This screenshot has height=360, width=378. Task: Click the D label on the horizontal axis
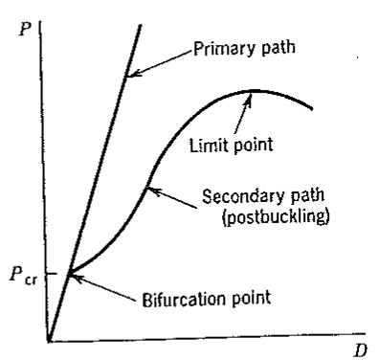point(361,350)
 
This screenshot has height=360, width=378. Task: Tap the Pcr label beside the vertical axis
point(23,275)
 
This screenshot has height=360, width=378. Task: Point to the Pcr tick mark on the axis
point(52,274)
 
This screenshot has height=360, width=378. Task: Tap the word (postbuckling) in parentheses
point(276,216)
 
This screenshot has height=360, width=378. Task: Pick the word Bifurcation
point(184,299)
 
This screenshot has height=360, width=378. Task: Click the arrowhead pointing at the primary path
point(130,74)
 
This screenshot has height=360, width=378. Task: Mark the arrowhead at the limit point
point(248,97)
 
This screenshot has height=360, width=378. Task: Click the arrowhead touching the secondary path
point(151,191)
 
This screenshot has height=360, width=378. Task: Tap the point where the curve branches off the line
point(69,274)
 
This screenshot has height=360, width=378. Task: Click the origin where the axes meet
point(49,341)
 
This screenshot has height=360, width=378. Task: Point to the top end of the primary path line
point(140,25)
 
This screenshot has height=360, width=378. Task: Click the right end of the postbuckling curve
point(311,108)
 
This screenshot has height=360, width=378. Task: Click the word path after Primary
point(278,48)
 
